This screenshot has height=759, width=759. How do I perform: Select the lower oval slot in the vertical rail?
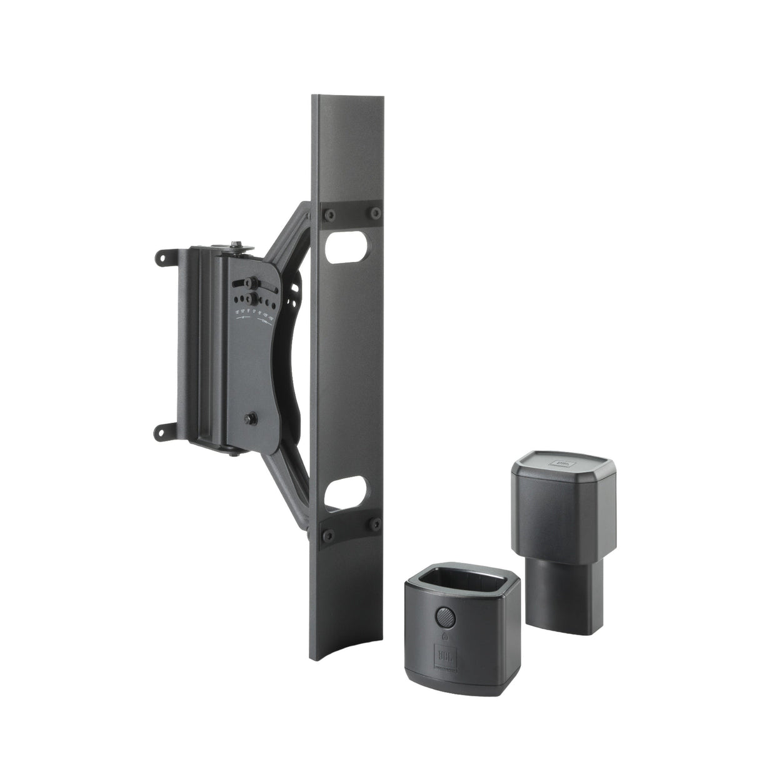(x=345, y=488)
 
